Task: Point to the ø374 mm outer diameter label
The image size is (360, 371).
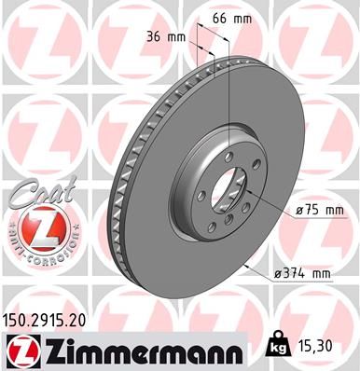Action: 303,273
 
